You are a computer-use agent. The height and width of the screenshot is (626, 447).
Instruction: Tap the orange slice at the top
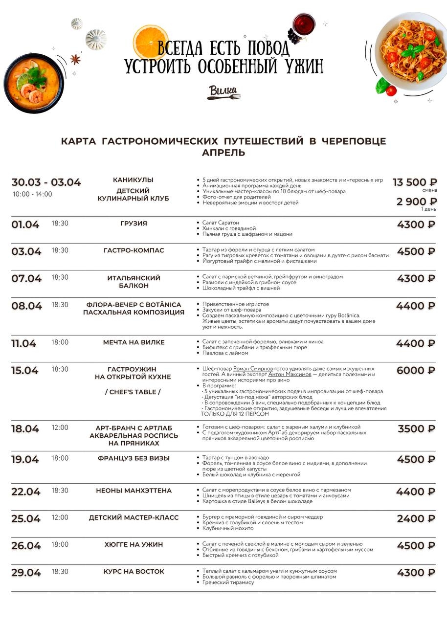click(x=151, y=41)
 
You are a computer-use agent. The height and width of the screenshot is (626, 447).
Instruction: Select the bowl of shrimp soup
click(x=33, y=83)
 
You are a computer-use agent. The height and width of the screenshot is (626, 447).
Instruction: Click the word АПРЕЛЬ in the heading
click(x=223, y=153)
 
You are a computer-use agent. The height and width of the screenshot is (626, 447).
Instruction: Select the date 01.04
click(x=25, y=224)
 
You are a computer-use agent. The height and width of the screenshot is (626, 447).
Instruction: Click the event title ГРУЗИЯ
click(x=134, y=224)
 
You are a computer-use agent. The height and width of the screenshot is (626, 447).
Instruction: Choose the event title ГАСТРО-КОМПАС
click(x=134, y=250)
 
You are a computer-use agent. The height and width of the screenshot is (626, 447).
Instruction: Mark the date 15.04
click(x=25, y=370)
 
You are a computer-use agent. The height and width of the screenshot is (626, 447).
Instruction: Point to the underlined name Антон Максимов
click(x=290, y=374)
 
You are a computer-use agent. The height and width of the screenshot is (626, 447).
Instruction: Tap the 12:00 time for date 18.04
click(x=60, y=427)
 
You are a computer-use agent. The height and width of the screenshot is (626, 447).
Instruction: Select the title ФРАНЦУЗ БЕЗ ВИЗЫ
click(x=134, y=458)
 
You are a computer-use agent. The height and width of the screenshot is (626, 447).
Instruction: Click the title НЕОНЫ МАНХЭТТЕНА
click(x=134, y=491)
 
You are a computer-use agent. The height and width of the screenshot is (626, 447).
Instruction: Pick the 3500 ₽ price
click(x=416, y=428)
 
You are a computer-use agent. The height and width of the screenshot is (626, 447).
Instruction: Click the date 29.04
click(x=26, y=572)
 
